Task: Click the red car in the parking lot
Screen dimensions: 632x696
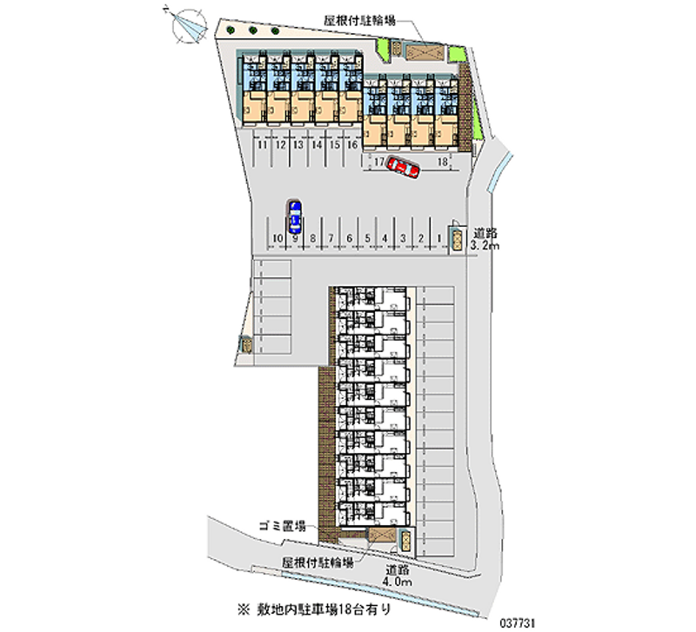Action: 404,167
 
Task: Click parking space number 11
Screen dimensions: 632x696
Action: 262,146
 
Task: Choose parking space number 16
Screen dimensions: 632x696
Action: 351,146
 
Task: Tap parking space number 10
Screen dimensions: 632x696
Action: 277,237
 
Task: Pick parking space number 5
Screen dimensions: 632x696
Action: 367,237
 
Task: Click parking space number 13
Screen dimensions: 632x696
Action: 298,146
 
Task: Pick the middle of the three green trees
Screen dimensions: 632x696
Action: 252,32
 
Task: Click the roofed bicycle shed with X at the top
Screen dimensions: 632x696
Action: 420,53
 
